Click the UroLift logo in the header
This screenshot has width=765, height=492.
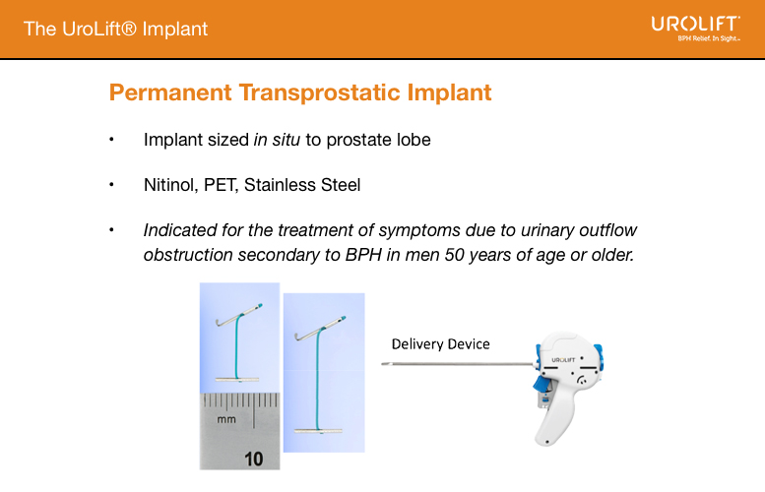point(695,27)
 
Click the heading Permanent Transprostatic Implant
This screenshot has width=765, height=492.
point(300,93)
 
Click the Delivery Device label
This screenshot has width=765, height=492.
point(440,343)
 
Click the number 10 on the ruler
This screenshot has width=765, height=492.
point(254,458)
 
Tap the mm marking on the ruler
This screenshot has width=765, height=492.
point(226,420)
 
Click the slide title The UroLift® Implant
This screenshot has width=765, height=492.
point(116,29)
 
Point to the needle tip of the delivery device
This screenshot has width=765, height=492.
point(385,364)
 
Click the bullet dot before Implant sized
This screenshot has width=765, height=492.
point(112,140)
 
